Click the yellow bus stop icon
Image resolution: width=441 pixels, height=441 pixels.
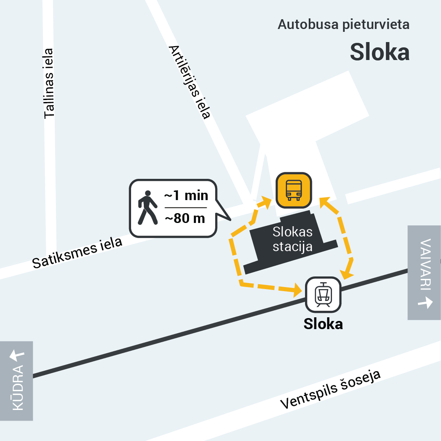point(294,189)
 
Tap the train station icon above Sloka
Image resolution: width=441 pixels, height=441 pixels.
point(323,294)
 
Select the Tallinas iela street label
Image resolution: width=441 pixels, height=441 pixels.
point(49,84)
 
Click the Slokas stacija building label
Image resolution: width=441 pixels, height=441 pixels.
point(292,239)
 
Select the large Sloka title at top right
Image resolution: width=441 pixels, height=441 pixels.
point(379,52)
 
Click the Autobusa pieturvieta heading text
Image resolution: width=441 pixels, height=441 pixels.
point(343,24)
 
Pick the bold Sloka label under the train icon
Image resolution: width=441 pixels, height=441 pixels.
point(323,324)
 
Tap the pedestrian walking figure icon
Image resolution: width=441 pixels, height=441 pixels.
point(147,207)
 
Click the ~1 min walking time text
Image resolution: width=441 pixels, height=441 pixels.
point(186,196)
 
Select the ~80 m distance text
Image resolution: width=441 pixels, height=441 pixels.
point(185,218)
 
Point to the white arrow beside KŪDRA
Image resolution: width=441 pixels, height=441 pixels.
point(17,355)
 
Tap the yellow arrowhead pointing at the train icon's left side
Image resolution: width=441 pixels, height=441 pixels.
point(297,291)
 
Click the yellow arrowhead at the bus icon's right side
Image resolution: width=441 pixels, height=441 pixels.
point(324,201)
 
